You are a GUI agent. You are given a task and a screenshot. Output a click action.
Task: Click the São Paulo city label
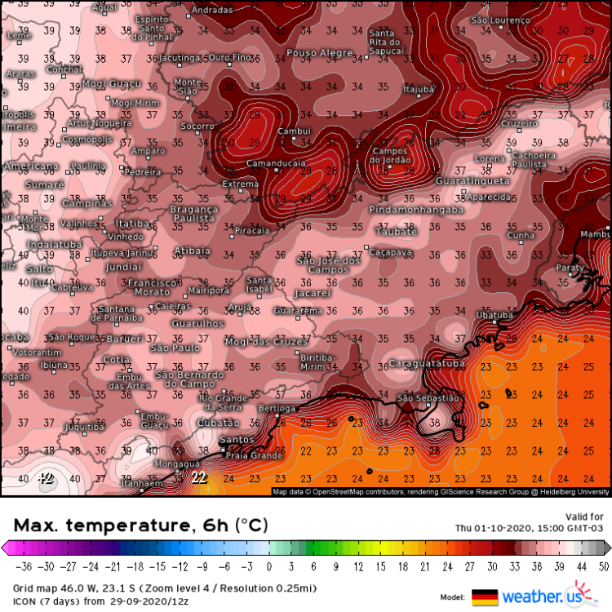(175, 348)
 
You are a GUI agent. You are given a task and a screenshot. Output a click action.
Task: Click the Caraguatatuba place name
(428, 363)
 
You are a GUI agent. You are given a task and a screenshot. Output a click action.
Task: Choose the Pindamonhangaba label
(416, 210)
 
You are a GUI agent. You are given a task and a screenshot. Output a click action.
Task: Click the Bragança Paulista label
(194, 214)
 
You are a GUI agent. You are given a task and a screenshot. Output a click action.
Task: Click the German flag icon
(485, 596)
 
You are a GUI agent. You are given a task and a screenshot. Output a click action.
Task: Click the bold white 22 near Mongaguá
(198, 477)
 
